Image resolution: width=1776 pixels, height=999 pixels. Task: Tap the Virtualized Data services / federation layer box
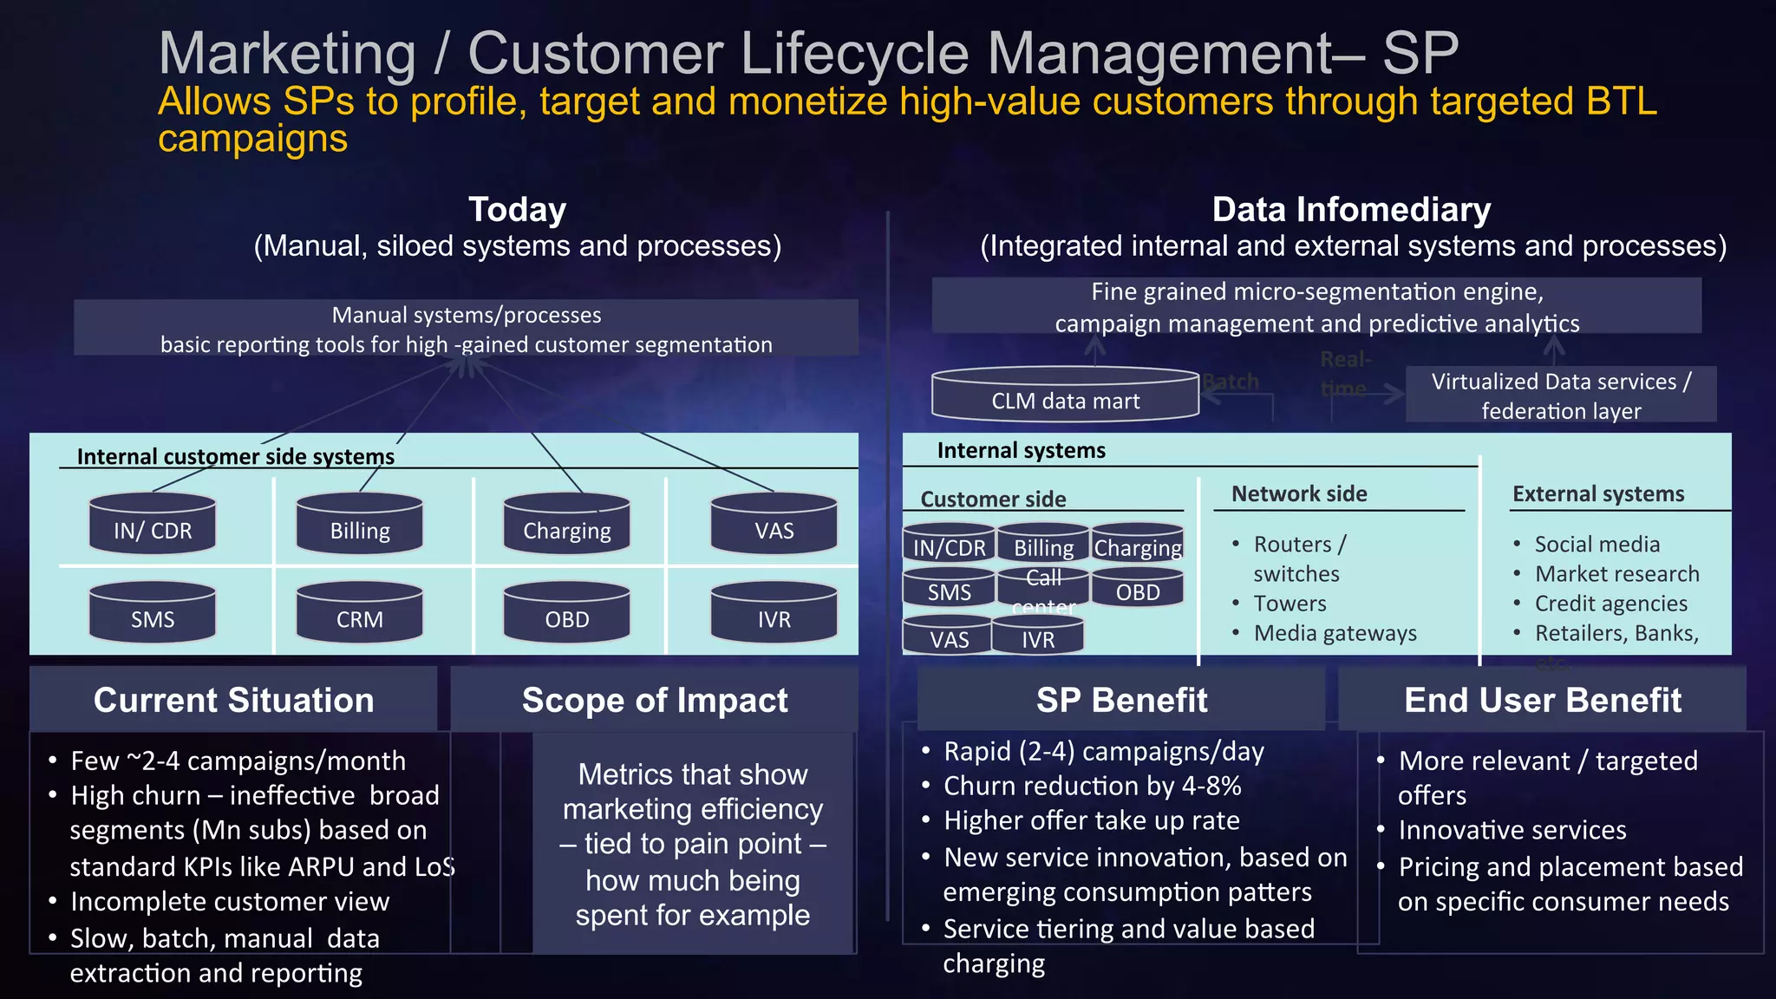1560,395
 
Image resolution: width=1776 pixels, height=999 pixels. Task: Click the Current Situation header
233,700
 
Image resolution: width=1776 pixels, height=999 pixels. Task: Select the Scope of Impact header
655,700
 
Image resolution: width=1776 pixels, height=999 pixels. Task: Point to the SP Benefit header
1121,700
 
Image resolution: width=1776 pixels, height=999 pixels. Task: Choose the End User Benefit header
1542,700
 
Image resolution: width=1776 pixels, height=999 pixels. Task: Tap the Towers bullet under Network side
1290,604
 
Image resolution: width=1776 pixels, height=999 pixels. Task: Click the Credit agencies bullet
1610,604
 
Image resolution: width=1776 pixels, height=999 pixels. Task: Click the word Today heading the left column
517,210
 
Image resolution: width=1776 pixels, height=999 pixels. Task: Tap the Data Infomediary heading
1351,210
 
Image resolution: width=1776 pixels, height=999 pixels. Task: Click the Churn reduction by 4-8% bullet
1092,786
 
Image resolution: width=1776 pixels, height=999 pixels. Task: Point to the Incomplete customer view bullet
230,902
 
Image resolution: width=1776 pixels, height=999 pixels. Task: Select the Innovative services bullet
1512,830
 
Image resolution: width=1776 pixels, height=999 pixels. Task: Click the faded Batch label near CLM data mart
1231,382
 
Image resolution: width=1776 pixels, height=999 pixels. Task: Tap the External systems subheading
1597,494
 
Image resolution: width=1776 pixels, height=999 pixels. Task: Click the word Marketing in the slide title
287,54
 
